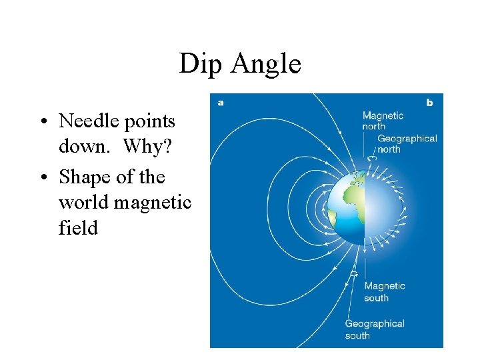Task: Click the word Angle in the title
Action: (266, 64)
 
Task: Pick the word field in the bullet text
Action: (78, 228)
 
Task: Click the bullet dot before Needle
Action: (42, 122)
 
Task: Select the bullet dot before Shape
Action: (42, 177)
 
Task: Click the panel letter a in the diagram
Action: (220, 102)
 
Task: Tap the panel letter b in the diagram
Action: (429, 102)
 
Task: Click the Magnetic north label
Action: (383, 121)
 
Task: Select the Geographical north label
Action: (407, 143)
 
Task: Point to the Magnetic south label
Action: (384, 291)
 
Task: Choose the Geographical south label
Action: (374, 329)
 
